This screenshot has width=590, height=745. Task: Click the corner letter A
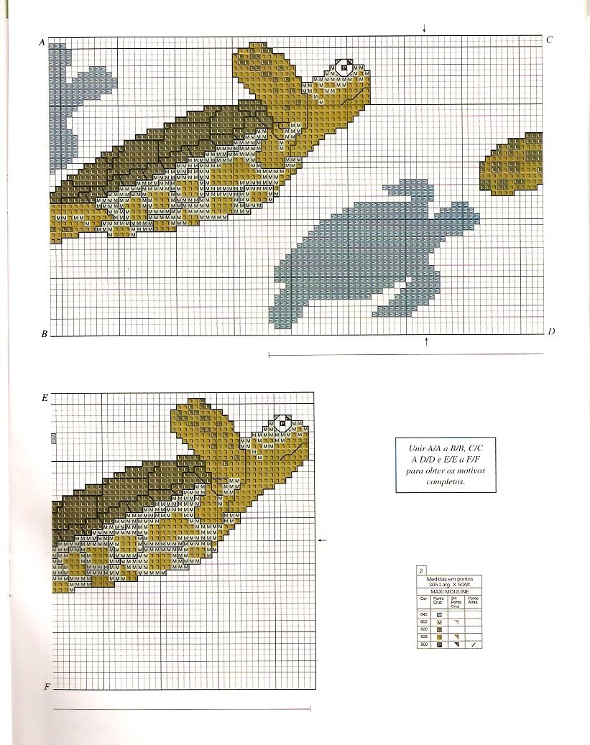pyautogui.click(x=42, y=43)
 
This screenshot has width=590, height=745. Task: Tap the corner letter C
pyautogui.click(x=549, y=40)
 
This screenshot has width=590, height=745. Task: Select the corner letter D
pyautogui.click(x=550, y=331)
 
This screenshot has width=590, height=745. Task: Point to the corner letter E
pyautogui.click(x=45, y=397)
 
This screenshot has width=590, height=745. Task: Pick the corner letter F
pyautogui.click(x=47, y=687)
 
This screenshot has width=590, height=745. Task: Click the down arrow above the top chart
pyautogui.click(x=424, y=29)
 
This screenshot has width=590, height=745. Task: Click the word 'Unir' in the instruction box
pyautogui.click(x=416, y=448)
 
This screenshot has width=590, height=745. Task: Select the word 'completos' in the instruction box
pyautogui.click(x=446, y=482)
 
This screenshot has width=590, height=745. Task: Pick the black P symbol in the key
pyautogui.click(x=438, y=645)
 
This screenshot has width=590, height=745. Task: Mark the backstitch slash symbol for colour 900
pyautogui.click(x=473, y=645)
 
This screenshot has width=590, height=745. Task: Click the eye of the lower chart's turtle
pyautogui.click(x=283, y=424)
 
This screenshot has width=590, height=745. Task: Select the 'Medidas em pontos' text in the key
pyautogui.click(x=446, y=579)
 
